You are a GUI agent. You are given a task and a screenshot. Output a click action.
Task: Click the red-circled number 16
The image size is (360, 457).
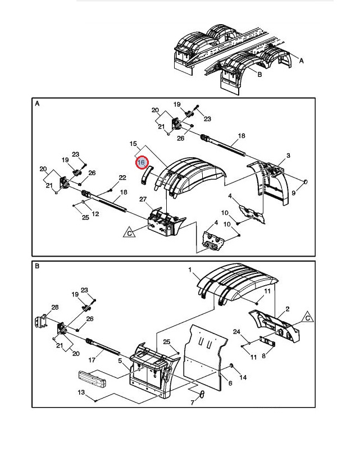point(141,162)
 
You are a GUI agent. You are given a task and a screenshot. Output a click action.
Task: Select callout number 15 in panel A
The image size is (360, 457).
point(133,144)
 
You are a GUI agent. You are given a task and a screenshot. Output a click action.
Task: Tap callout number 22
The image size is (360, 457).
point(122,178)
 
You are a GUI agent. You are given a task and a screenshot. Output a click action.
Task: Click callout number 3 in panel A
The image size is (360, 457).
point(288,156)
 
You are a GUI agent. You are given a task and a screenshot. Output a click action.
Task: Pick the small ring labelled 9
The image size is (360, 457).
point(305,181)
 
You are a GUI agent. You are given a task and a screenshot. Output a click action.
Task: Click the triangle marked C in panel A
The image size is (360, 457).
point(129,232)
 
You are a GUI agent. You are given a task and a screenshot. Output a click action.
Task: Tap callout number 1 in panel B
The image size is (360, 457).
point(190,270)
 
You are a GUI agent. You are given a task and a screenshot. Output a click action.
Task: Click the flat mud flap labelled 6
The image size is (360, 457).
point(208,359)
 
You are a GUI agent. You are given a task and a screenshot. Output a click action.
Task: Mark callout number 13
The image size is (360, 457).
point(81,392)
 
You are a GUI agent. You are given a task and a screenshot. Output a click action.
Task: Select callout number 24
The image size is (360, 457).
point(236,332)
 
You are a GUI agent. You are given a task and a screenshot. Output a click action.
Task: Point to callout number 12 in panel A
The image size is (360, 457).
point(95,213)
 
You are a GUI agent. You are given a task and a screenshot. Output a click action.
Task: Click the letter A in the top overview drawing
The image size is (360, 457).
point(302,60)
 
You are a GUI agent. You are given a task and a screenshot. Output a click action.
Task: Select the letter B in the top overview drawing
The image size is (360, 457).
point(259,74)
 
